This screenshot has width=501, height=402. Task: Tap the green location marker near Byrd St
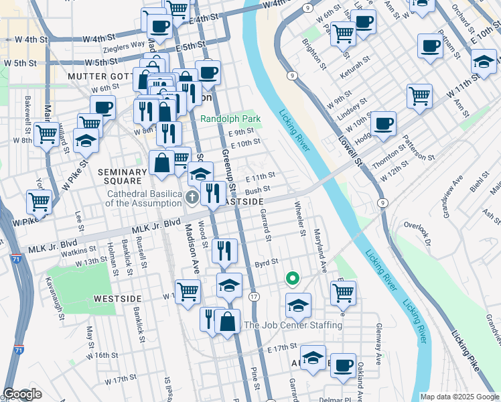(291, 277)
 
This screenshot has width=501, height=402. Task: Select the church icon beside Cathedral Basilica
(192, 196)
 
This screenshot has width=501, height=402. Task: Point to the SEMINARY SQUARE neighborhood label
(120, 176)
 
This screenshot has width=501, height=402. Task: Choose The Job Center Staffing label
(293, 326)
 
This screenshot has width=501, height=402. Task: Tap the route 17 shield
(254, 295)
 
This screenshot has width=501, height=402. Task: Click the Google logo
(22, 394)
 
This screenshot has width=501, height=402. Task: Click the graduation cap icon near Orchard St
(483, 62)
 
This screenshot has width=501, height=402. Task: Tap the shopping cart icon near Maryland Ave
(343, 291)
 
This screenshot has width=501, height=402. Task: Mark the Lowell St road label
(350, 151)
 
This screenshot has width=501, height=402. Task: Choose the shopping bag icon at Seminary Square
(162, 162)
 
